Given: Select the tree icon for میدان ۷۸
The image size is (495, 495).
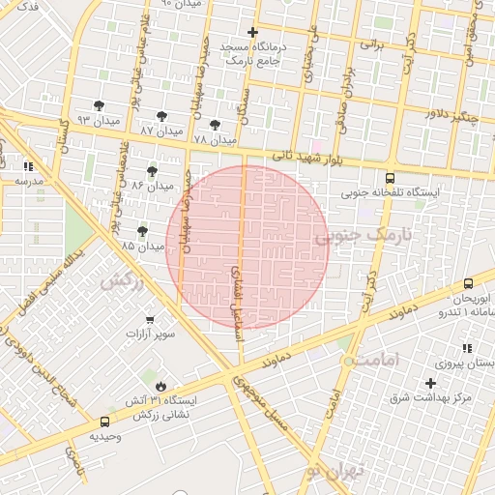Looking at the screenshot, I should pyautogui.click(x=214, y=126).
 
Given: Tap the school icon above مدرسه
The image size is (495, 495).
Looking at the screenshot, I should pyautogui.click(x=28, y=166).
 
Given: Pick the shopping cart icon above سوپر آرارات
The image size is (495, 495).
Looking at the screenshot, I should pyautogui.click(x=150, y=319).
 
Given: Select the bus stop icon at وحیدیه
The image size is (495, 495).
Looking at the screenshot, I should pyautogui.click(x=104, y=422).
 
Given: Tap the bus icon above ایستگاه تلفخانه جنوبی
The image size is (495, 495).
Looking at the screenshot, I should pyautogui.click(x=390, y=179).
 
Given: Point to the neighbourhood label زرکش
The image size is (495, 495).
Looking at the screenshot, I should pyautogui.click(x=122, y=280).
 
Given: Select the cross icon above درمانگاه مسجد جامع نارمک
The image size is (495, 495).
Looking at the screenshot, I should pyautogui.click(x=252, y=32).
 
